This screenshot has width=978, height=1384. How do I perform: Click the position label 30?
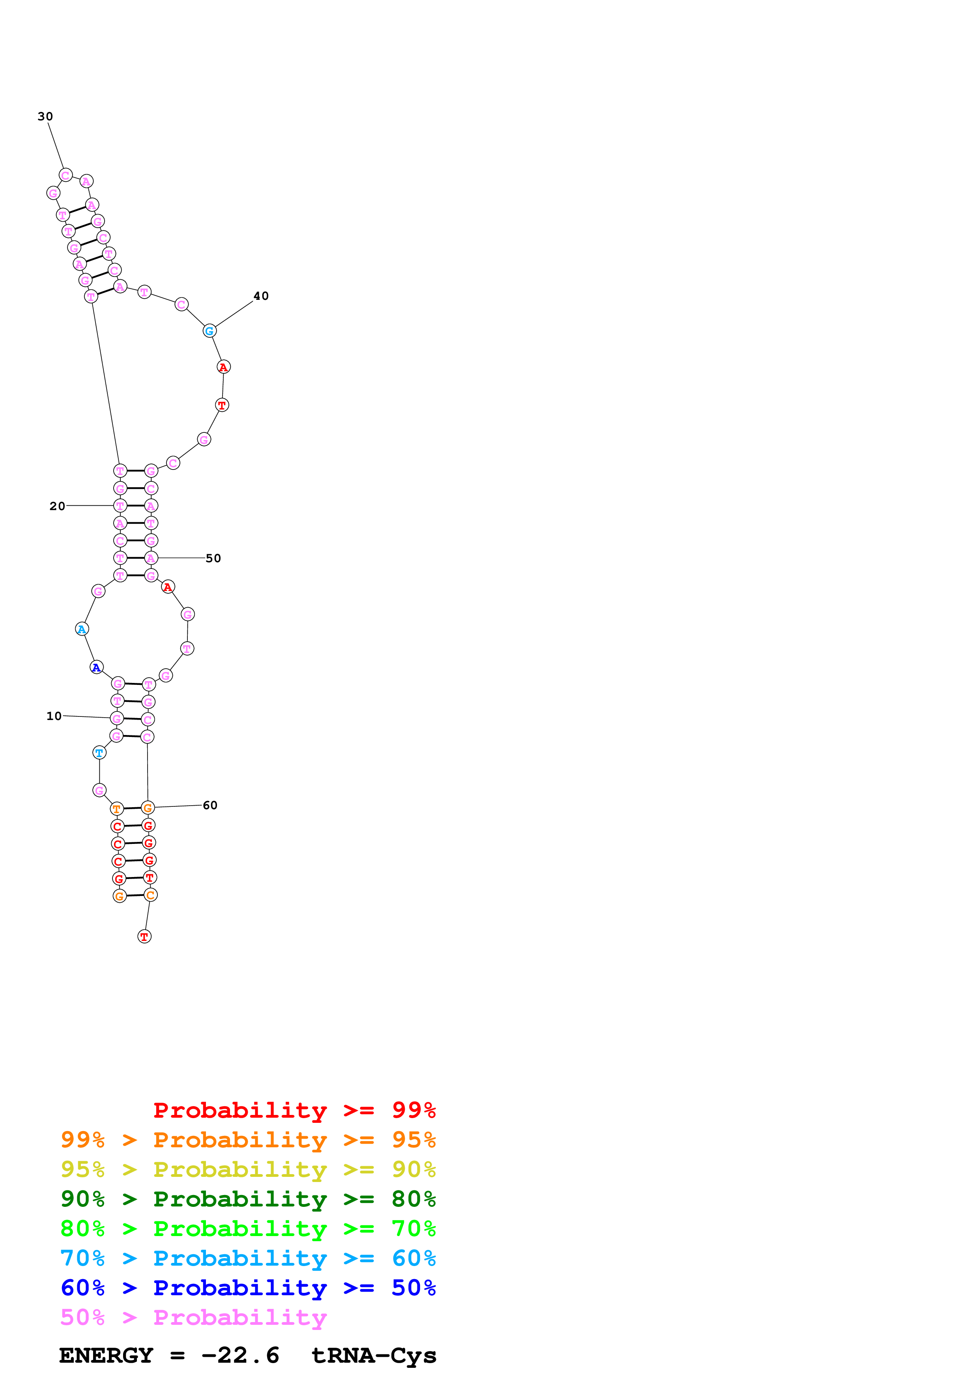[x=45, y=116]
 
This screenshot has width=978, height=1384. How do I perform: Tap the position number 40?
[x=261, y=296]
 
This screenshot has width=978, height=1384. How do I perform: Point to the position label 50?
[x=213, y=558]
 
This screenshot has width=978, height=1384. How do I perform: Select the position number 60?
[x=210, y=805]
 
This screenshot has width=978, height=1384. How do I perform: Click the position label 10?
[x=54, y=716]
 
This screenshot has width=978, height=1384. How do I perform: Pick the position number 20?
[x=57, y=506]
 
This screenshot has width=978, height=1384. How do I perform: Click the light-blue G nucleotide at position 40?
[x=209, y=331]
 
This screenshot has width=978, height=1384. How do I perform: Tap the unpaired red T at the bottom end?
[x=144, y=937]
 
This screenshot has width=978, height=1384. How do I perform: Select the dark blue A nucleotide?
[x=96, y=667]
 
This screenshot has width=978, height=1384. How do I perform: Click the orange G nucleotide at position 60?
[x=148, y=808]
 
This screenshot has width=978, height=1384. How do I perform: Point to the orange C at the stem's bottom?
[x=151, y=895]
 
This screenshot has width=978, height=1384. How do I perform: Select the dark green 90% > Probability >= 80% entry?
[x=248, y=1199]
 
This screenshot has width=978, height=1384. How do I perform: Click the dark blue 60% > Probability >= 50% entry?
[x=248, y=1288]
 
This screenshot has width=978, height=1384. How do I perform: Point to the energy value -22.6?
[x=240, y=1355]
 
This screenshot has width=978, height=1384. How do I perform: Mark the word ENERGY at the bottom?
[x=106, y=1355]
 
